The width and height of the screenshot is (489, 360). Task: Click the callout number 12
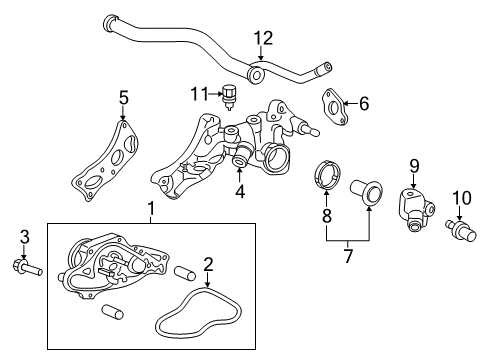coord(262,39)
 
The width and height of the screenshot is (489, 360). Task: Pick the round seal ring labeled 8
coord(328,172)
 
